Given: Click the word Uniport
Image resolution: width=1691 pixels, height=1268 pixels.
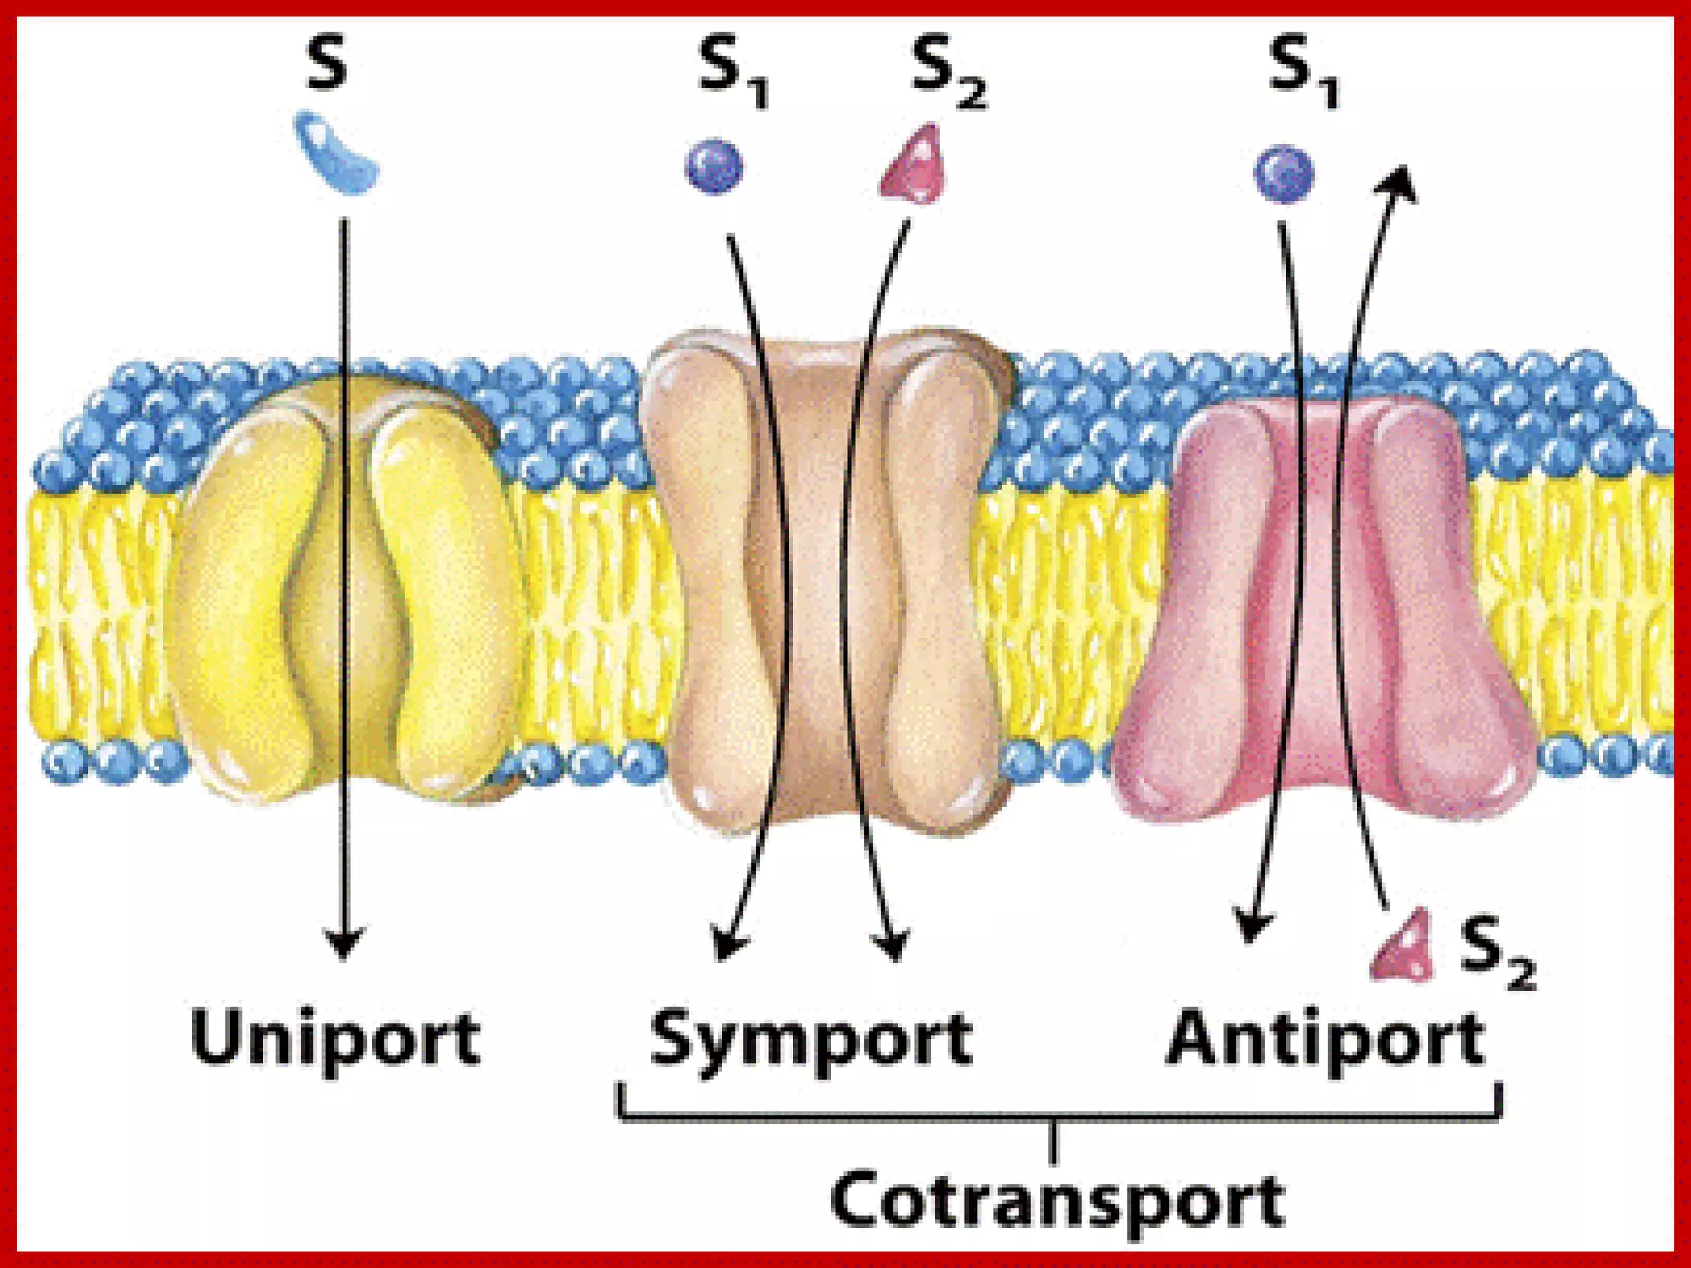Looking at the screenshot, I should [334, 1039].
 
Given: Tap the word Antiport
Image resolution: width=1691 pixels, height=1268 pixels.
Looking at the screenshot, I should [1325, 1037].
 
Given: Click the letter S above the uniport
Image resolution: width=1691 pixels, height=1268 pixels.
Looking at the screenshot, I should [326, 64].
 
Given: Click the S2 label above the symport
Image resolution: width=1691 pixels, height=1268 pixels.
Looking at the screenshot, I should [948, 73].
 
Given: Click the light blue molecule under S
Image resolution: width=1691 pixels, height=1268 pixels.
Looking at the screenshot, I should [337, 154].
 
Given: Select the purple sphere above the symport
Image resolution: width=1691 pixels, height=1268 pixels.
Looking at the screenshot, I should [715, 168].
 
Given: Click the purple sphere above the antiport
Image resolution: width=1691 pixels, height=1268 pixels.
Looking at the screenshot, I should [1283, 173].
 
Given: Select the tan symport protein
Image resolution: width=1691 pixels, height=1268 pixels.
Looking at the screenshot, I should [826, 578].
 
